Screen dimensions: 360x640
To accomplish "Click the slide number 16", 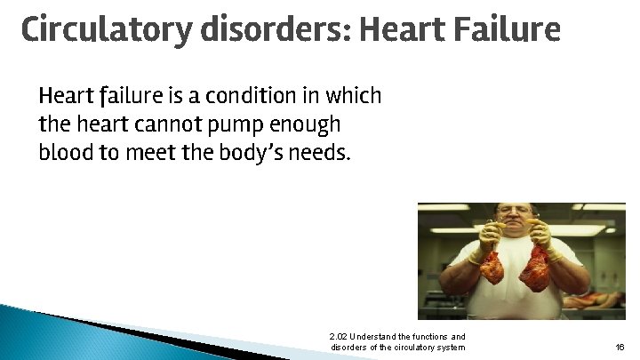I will point(619,348).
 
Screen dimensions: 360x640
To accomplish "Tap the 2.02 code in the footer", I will point(338,336).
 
